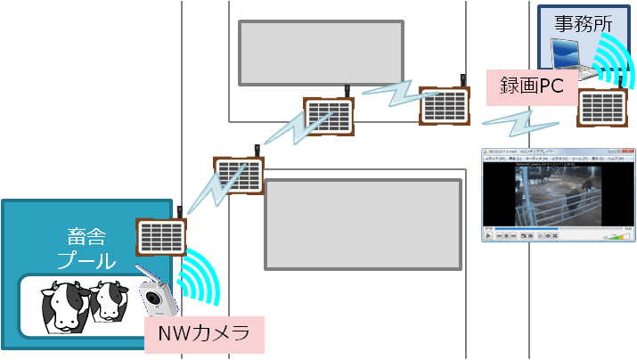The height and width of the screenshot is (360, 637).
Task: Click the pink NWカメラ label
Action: [204, 336]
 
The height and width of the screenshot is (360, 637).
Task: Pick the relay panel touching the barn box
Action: [160, 235]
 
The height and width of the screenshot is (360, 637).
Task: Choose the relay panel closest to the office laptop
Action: [602, 108]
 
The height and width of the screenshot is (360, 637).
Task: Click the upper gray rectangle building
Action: [322, 53]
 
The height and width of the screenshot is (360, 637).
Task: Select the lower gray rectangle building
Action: [363, 224]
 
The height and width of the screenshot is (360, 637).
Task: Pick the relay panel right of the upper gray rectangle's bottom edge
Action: [330, 117]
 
